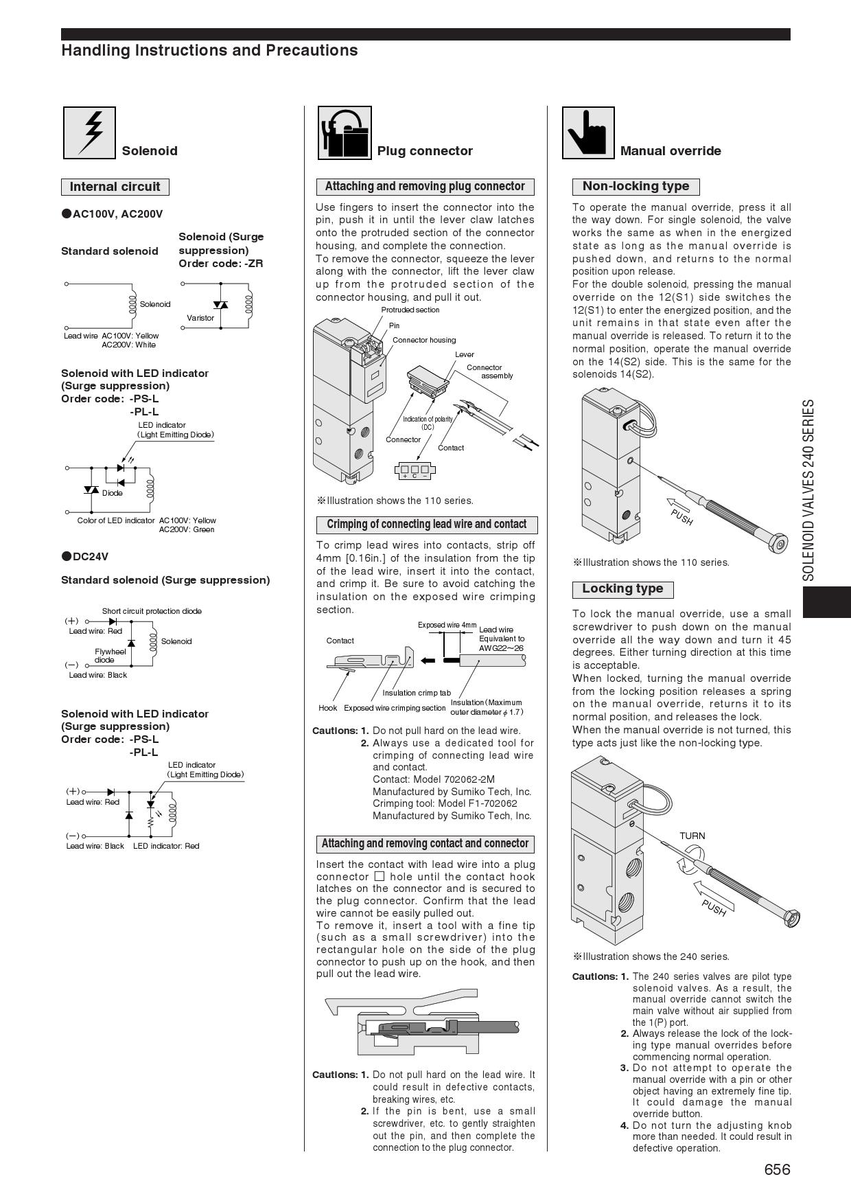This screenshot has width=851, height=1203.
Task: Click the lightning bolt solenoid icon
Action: click(89, 133)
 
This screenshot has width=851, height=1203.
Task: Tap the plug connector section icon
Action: click(345, 133)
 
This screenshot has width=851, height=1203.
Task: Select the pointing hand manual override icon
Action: click(588, 133)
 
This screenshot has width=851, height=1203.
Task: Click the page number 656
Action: click(777, 1169)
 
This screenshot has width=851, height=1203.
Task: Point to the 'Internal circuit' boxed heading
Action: click(115, 187)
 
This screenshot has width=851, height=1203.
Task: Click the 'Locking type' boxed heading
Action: click(622, 589)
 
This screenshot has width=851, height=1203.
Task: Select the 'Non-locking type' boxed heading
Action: click(636, 186)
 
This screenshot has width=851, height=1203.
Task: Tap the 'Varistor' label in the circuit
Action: click(200, 318)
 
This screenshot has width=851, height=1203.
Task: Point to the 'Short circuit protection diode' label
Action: click(152, 611)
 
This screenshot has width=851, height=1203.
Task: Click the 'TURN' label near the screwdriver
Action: click(692, 836)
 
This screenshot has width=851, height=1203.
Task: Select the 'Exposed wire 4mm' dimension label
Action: click(447, 626)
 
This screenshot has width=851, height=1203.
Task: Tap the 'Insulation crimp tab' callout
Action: click(417, 693)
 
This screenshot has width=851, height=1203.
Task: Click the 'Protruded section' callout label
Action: click(410, 310)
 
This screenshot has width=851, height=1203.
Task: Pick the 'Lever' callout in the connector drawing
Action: click(465, 354)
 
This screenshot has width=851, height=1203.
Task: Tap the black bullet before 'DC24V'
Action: click(67, 556)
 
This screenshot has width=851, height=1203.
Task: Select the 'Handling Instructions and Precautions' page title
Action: click(209, 51)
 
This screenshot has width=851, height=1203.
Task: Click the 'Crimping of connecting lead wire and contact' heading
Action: click(426, 525)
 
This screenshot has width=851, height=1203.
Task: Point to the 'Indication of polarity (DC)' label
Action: click(428, 423)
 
